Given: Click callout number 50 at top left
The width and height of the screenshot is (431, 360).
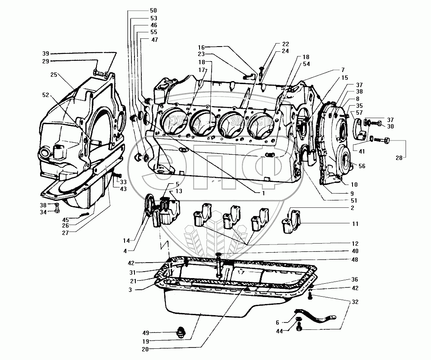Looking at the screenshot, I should click(141, 10).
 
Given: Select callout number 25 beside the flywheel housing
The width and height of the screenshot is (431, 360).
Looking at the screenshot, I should click(54, 75).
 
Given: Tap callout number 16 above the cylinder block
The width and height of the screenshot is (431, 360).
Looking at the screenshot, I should click(201, 47).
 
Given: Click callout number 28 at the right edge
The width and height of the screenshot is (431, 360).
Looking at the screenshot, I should click(400, 158).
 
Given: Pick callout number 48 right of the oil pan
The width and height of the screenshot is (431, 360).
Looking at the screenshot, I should click(354, 260).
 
